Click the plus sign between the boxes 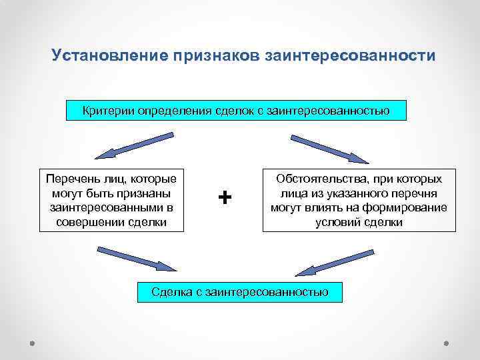[225, 197]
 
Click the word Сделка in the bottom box [171, 292]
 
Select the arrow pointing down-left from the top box [133, 145]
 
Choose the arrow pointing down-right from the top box [329, 149]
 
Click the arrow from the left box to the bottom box [137, 259]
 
